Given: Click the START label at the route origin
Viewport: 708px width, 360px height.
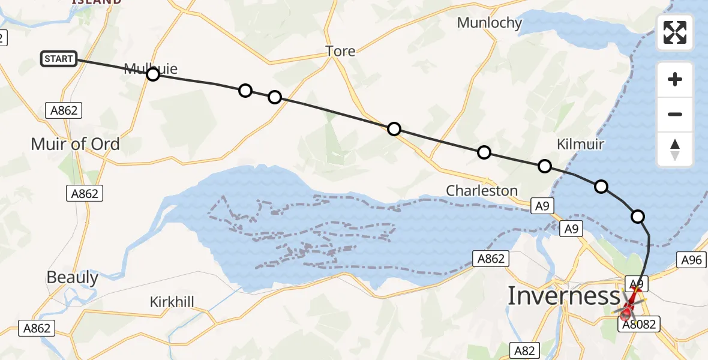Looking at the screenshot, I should pyautogui.click(x=59, y=59).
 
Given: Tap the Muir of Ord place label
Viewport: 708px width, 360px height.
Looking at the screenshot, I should pyautogui.click(x=76, y=144).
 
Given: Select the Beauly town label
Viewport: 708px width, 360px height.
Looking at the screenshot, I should pyautogui.click(x=73, y=277).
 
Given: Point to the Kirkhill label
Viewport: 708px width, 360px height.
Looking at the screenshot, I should pyautogui.click(x=172, y=301).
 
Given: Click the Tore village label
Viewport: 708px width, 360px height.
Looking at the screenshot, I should pyautogui.click(x=340, y=52).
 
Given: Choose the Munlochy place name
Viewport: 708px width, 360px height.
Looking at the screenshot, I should pyautogui.click(x=490, y=23).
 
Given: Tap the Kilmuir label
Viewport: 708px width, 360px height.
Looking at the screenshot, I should pyautogui.click(x=580, y=144).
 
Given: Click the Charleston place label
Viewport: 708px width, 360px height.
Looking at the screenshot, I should pyautogui.click(x=482, y=191).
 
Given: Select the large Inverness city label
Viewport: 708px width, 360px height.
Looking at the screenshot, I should pyautogui.click(x=563, y=296).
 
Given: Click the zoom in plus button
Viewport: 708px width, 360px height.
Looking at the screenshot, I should pyautogui.click(x=675, y=80).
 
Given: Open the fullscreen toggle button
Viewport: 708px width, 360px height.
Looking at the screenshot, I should pyautogui.click(x=675, y=32).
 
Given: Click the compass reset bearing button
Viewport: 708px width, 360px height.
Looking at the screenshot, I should pyautogui.click(x=675, y=149).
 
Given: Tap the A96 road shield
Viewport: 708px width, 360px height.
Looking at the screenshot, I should pyautogui.click(x=690, y=259).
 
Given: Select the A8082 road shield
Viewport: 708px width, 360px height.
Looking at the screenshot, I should pyautogui.click(x=639, y=325).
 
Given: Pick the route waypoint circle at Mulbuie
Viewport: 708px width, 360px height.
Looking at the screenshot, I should pyautogui.click(x=153, y=74).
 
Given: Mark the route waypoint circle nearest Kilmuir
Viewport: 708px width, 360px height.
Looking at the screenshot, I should pyautogui.click(x=544, y=166).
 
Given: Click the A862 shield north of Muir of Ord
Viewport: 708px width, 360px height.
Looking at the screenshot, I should pyautogui.click(x=64, y=110).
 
